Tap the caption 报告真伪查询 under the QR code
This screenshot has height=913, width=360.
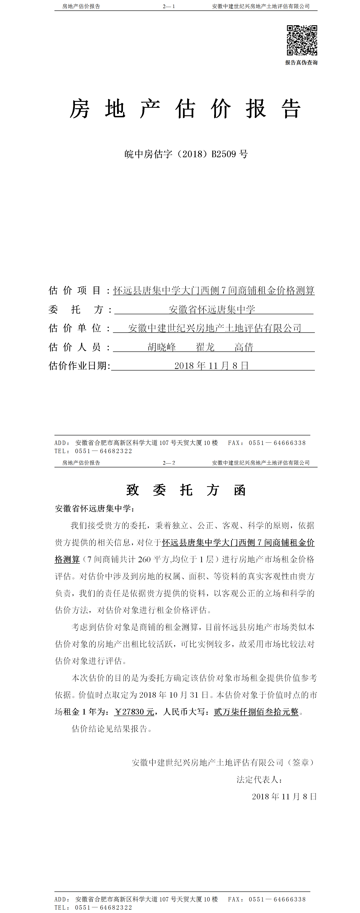click(x=301, y=63)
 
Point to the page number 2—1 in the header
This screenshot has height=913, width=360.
click(x=169, y=6)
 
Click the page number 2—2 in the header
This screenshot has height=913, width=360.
click(x=169, y=463)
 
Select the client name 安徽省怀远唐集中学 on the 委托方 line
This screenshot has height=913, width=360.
click(x=212, y=309)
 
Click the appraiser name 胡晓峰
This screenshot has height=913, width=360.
click(x=162, y=347)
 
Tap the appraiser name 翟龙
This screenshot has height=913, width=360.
click(x=205, y=347)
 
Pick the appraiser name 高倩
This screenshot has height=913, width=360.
click(x=244, y=347)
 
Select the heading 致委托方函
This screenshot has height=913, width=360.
click(x=186, y=490)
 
